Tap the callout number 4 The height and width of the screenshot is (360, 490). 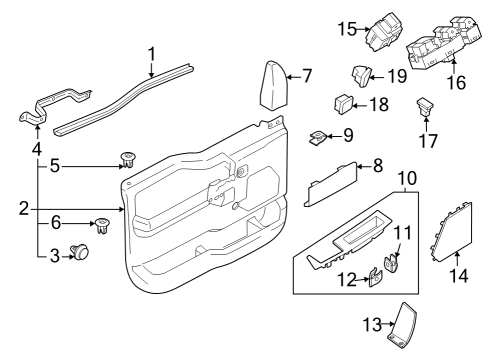37,150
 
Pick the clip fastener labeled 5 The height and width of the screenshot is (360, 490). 128,158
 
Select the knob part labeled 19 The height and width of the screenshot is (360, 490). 362,72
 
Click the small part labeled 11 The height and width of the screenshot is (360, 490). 393,264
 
